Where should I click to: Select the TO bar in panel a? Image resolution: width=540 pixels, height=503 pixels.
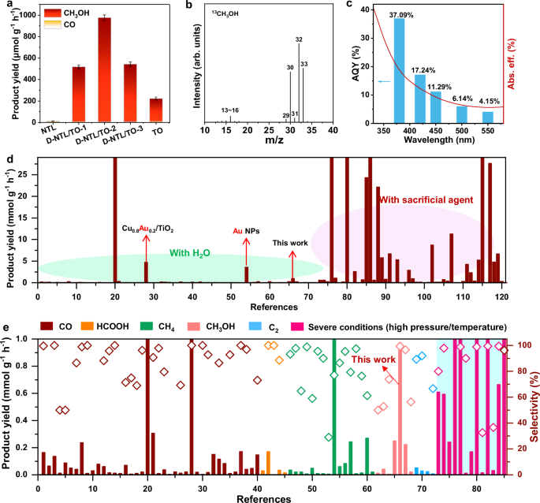pyautogui.click(x=156, y=110)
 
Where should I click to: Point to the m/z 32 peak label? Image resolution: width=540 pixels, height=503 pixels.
pyautogui.click(x=299, y=39)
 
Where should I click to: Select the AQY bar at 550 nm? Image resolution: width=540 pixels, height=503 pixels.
pyautogui.click(x=488, y=117)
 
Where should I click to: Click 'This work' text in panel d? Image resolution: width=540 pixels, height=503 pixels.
pyautogui.click(x=292, y=244)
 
